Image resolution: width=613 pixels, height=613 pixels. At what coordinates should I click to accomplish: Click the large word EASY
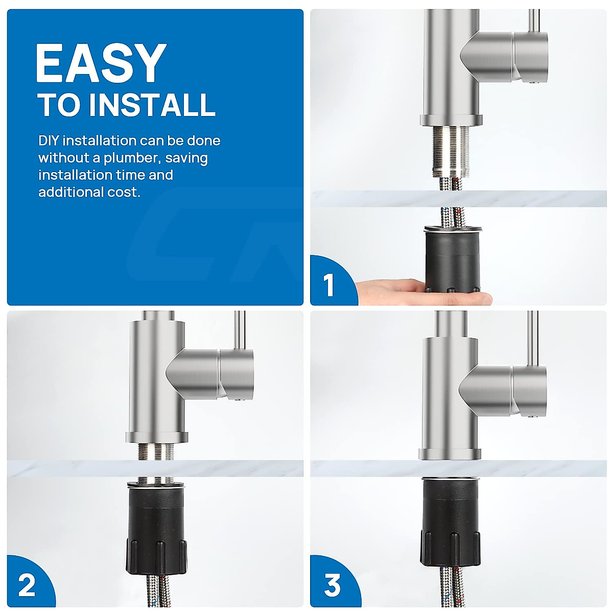(102, 63)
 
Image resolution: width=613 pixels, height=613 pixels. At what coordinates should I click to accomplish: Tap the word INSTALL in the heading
(152, 105)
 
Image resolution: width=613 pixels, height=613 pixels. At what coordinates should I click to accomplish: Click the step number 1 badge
(328, 285)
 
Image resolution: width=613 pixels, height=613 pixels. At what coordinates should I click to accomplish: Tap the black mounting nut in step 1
(453, 260)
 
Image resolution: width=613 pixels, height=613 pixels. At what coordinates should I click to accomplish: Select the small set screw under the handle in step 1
(535, 82)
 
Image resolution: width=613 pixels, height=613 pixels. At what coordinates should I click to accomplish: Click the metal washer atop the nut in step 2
(156, 485)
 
